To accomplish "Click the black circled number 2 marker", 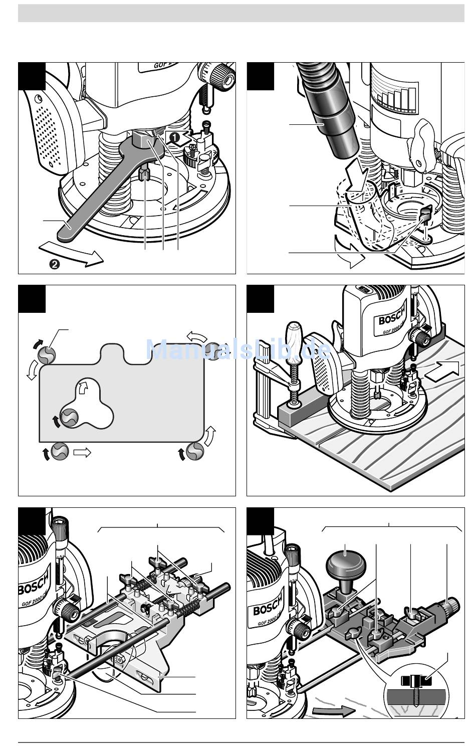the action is coord(55,264).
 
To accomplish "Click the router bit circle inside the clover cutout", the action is coord(69,417).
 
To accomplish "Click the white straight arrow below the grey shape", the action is coord(82,452).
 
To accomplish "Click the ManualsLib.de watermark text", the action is coord(239,349).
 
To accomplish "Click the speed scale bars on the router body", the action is coord(399,100).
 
